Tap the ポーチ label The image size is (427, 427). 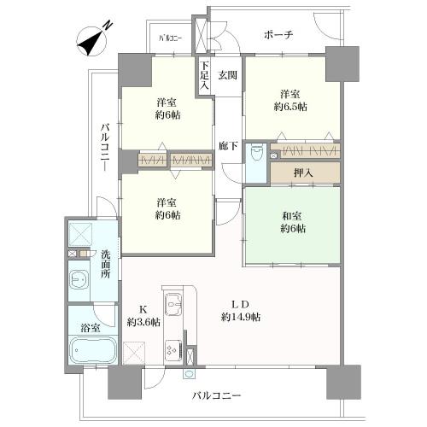click(279, 36)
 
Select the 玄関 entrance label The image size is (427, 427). click(226, 74)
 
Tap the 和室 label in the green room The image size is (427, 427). click(291, 216)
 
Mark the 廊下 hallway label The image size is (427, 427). click(226, 144)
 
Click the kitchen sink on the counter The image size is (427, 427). click(173, 303)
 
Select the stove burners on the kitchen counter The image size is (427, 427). click(172, 349)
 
